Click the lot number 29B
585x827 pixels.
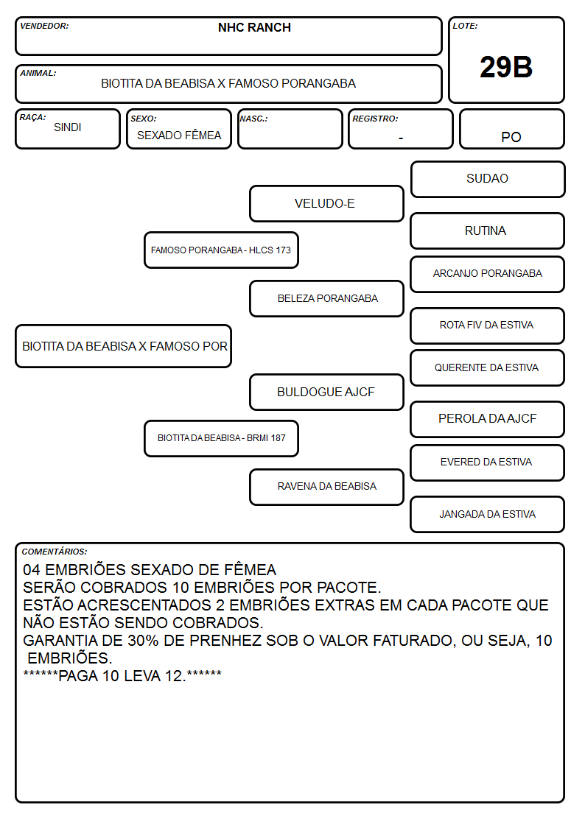[506, 67]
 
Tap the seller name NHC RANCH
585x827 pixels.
[254, 27]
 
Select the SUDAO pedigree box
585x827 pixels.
[488, 180]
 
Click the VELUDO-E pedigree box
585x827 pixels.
[326, 203]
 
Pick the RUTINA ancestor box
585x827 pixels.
[488, 230]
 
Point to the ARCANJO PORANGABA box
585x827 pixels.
[488, 274]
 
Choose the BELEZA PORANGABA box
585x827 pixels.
[326, 298]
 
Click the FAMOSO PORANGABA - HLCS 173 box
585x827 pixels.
[221, 250]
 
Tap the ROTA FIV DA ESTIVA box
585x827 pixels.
[488, 325]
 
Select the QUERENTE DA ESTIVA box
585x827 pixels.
[488, 367]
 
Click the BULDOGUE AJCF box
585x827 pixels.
[326, 392]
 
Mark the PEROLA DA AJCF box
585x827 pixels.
[488, 419]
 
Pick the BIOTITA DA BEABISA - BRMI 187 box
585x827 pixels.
[221, 438]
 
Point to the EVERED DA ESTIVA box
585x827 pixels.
[488, 462]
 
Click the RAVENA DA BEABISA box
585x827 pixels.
[326, 487]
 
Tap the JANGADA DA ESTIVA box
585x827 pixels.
[488, 514]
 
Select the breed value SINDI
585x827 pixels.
[68, 127]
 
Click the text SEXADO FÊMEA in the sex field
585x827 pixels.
[179, 135]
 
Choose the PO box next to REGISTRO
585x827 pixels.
[511, 129]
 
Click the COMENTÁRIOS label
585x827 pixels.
[55, 552]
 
